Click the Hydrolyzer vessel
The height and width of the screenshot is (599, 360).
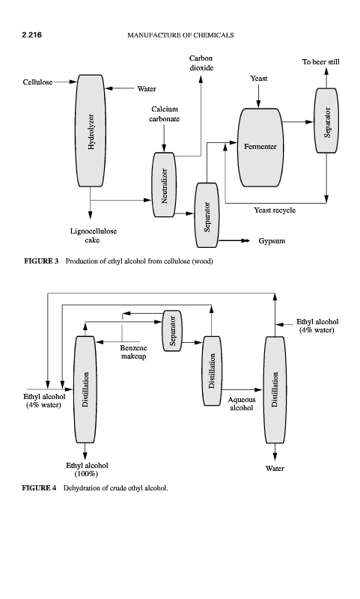pos(90,130)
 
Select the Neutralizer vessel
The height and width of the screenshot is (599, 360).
pos(164,185)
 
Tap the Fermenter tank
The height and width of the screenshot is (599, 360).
pos(260,148)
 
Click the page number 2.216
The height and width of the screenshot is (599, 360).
pos(31,35)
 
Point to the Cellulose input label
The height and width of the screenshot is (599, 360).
pos(37,82)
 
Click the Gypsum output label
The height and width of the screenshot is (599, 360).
pos(272,241)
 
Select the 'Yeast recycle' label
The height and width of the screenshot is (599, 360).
pos(275,210)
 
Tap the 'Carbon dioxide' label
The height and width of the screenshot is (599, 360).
pos(201,63)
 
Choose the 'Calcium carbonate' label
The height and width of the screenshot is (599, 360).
pos(164,115)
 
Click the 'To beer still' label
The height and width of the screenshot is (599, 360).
pos(320,62)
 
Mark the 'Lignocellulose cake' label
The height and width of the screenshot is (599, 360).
pos(93,236)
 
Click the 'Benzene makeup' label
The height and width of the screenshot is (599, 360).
pos(134,352)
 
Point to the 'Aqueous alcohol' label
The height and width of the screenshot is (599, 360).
pos(242,404)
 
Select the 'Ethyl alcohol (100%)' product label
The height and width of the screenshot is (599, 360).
pos(87,469)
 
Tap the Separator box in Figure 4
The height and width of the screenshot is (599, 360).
pos(173,331)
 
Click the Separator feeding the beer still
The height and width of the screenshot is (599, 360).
pos(326,121)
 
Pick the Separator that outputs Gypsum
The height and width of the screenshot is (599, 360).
pos(207,215)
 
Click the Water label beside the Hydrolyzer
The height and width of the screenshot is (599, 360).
pos(147,89)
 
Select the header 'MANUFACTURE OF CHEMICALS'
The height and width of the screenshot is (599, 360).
pos(180,35)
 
